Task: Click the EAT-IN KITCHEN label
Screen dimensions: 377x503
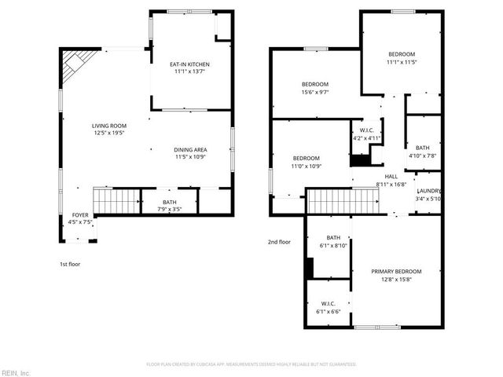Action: [x=191, y=64]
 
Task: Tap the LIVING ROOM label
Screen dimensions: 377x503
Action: [x=109, y=126]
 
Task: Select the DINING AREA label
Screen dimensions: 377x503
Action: [x=190, y=149]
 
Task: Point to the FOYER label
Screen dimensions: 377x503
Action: [x=81, y=214]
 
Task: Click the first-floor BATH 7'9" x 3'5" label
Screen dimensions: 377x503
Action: [x=170, y=202]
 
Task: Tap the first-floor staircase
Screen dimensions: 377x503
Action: [x=116, y=201]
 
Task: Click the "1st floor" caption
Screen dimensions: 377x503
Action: [x=70, y=264]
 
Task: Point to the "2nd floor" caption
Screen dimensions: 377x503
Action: [x=279, y=242]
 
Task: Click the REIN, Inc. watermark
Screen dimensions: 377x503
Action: [x=16, y=372]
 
